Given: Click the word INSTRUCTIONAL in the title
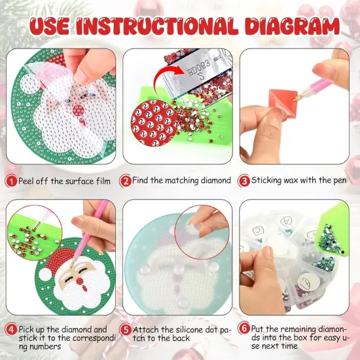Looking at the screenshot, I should pyautogui.click(x=171, y=26).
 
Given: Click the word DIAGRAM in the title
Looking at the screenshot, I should pyautogui.click(x=292, y=26).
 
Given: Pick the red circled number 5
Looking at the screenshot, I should pyautogui.click(x=125, y=331).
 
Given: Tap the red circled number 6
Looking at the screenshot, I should pyautogui.click(x=243, y=331).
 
